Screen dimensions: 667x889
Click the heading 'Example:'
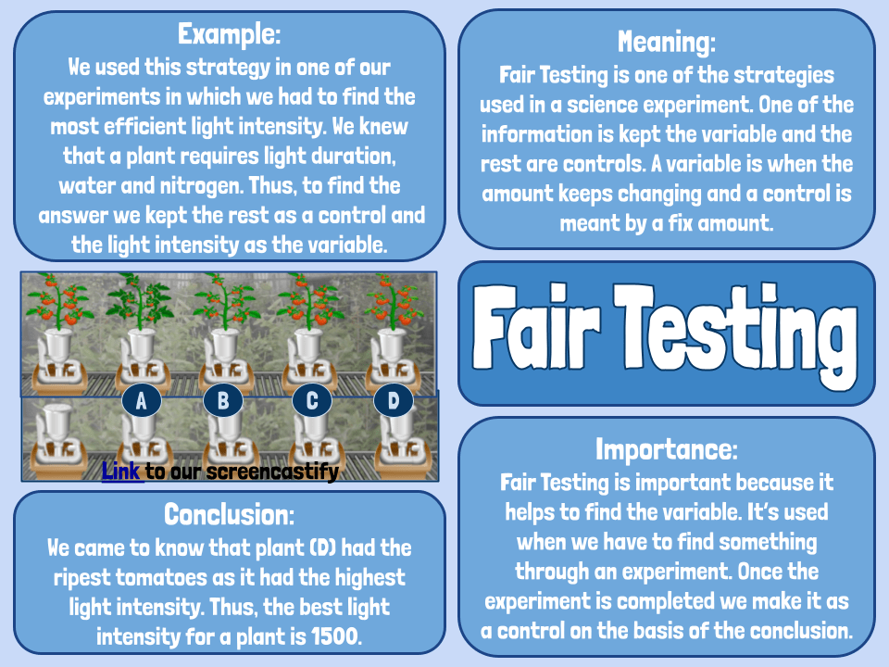(x=229, y=35)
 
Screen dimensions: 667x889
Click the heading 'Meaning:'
(x=667, y=42)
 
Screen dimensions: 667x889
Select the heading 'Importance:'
(x=667, y=450)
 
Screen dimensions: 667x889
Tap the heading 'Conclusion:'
(x=229, y=513)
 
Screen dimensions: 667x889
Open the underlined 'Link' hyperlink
(x=121, y=472)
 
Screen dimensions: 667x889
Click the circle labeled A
(x=142, y=401)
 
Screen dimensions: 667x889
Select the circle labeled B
(x=223, y=401)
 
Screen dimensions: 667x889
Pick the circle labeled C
(x=312, y=401)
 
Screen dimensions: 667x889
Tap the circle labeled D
(x=394, y=401)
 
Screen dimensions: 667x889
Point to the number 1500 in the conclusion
(x=337, y=636)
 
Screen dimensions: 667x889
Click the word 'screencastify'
(x=273, y=472)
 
